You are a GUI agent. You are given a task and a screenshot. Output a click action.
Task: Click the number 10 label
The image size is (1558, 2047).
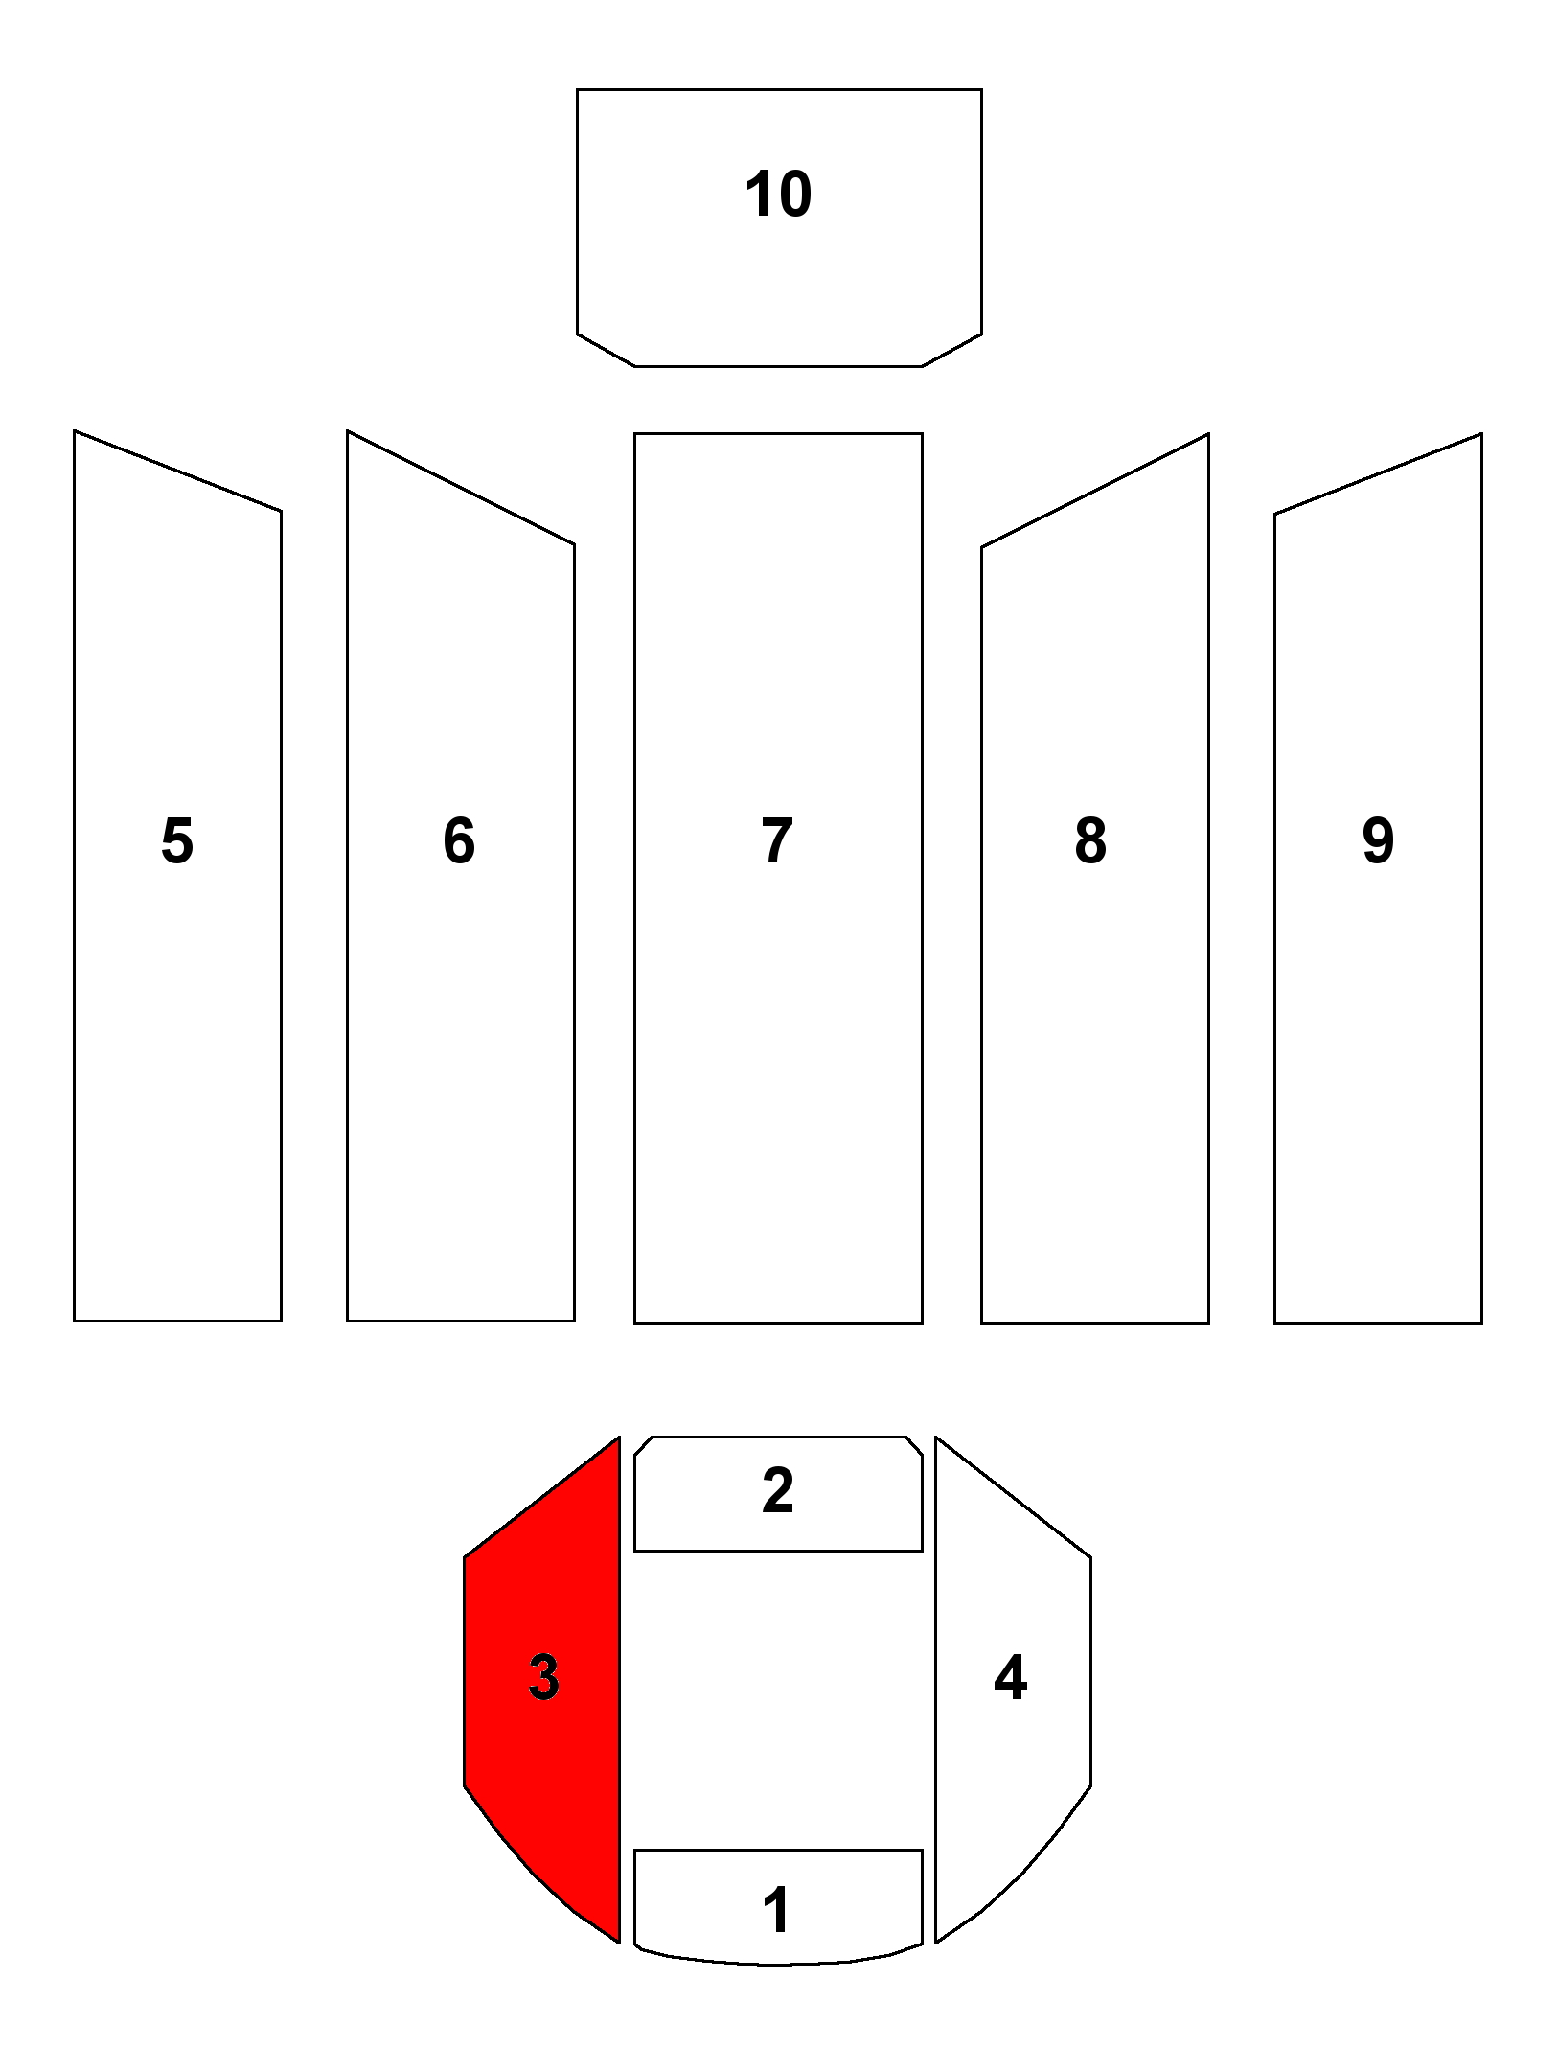[x=778, y=195]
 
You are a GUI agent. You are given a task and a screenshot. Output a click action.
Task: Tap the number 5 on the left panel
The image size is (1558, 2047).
[x=177, y=841]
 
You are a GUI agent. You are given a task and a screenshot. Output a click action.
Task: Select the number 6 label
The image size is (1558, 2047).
[x=459, y=841]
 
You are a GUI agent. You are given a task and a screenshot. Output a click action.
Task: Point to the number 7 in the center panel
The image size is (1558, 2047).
[x=777, y=841]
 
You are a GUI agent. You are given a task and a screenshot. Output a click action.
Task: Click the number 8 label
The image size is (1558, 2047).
[x=1090, y=841]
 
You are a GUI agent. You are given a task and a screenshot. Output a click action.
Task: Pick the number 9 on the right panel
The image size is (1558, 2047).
[x=1378, y=841]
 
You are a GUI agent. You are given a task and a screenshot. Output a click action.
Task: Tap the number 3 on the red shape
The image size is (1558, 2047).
[x=543, y=1677]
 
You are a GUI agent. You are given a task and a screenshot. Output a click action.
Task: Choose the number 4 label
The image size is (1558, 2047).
[x=1011, y=1677]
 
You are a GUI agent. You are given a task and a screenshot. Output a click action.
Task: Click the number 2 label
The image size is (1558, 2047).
[x=777, y=1490]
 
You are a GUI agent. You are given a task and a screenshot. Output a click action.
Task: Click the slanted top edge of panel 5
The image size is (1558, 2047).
[x=177, y=471]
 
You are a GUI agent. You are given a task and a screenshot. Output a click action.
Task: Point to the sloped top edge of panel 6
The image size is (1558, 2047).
[x=460, y=488]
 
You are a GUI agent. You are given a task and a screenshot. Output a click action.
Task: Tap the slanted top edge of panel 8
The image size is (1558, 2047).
[x=1095, y=491]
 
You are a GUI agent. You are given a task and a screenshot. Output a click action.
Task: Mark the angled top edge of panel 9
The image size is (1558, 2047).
[x=1378, y=473]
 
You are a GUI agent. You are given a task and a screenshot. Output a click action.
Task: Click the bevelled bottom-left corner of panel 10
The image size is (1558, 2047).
[x=606, y=351]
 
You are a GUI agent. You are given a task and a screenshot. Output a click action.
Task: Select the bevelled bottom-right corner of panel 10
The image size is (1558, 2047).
[x=951, y=351]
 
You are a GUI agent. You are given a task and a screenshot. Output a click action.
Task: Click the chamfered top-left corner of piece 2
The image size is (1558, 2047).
[x=643, y=1446]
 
